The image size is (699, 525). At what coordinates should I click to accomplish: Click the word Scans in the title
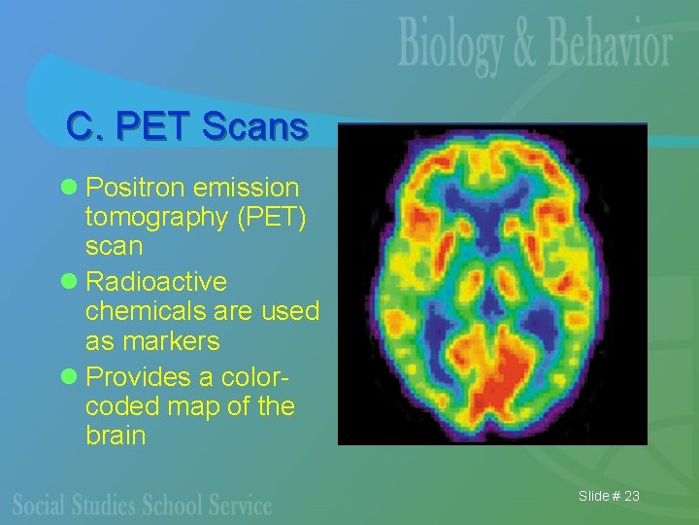[x=254, y=125]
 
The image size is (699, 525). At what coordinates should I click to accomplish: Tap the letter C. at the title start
[x=82, y=125]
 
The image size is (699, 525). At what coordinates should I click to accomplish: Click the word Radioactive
[x=156, y=282]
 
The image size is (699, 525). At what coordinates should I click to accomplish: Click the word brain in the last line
[x=116, y=435]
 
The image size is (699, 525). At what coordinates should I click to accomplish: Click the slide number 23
[x=631, y=497]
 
